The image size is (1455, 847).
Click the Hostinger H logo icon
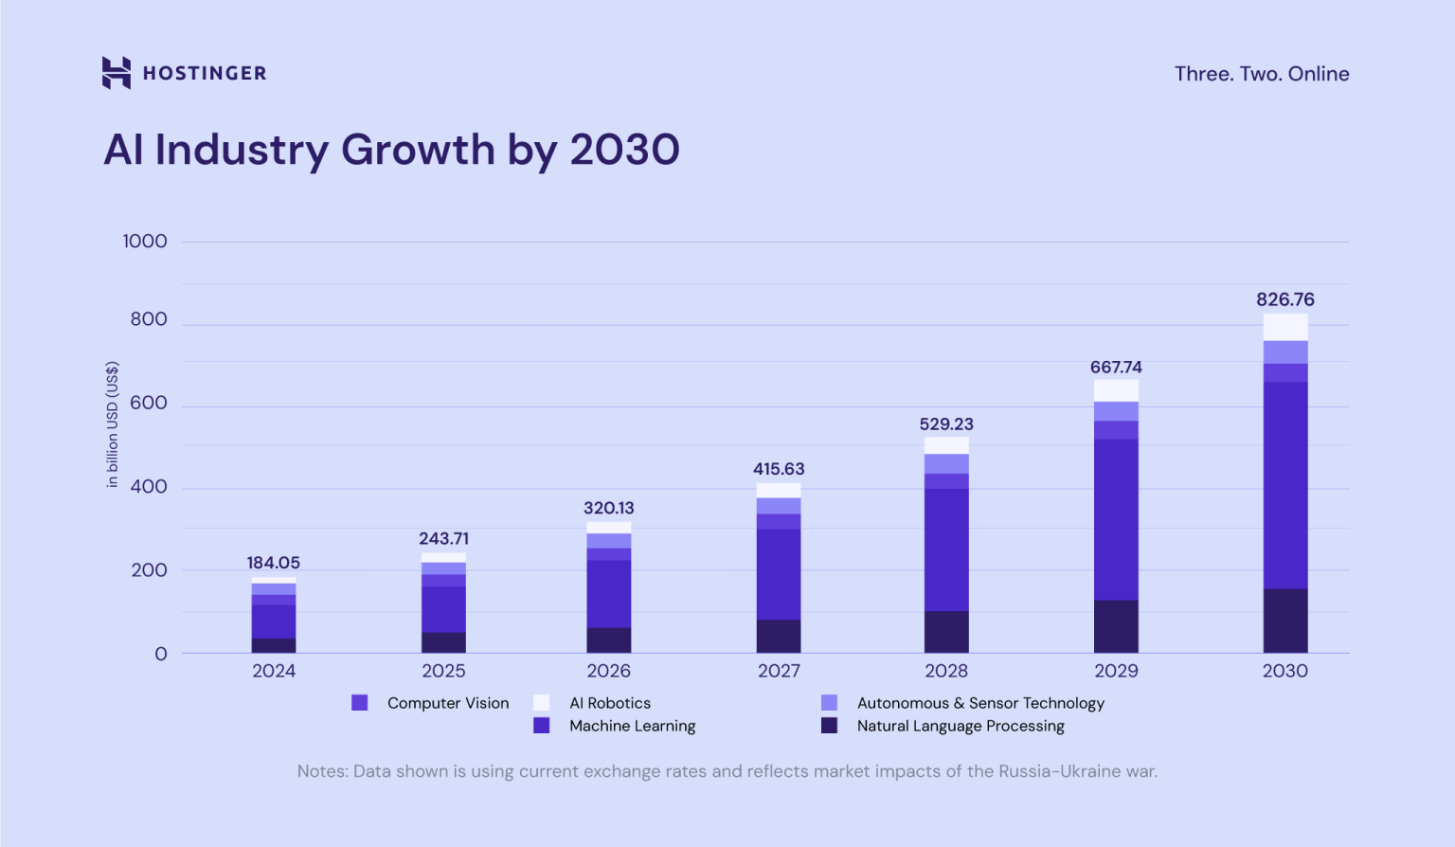[x=116, y=73]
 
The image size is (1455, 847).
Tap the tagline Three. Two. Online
[x=1261, y=74]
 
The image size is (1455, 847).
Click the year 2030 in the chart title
[x=624, y=150]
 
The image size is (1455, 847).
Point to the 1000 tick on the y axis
[x=144, y=242]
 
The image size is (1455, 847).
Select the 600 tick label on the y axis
[x=148, y=404]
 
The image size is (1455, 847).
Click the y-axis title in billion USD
[x=113, y=424]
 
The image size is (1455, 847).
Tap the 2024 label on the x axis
[x=273, y=671]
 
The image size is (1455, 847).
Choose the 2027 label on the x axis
[x=779, y=671]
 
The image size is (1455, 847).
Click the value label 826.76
[x=1284, y=299]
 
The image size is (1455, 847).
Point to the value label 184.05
[x=273, y=563]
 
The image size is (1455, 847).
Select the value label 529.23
[x=945, y=424]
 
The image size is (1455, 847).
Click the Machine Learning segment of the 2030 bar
[x=1284, y=485]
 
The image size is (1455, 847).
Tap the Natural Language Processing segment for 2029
[x=1116, y=626]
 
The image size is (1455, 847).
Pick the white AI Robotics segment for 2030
[x=1284, y=327]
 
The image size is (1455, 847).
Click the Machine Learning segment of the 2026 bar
[x=608, y=593]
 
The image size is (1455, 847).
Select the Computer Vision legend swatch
[x=360, y=703]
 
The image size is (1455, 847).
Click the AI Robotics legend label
[x=609, y=703]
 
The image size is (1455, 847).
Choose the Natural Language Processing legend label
[x=960, y=726]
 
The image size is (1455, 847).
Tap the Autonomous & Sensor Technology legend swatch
[x=829, y=703]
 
